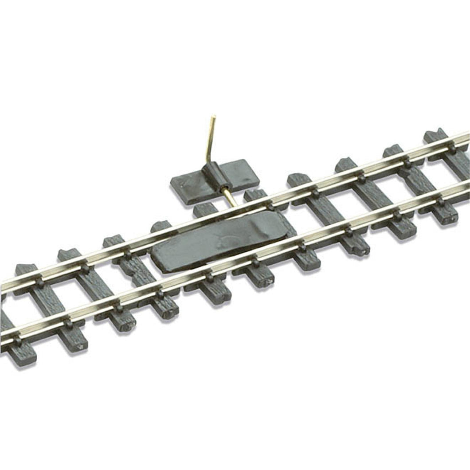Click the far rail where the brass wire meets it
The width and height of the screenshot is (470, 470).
[x=237, y=207]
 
